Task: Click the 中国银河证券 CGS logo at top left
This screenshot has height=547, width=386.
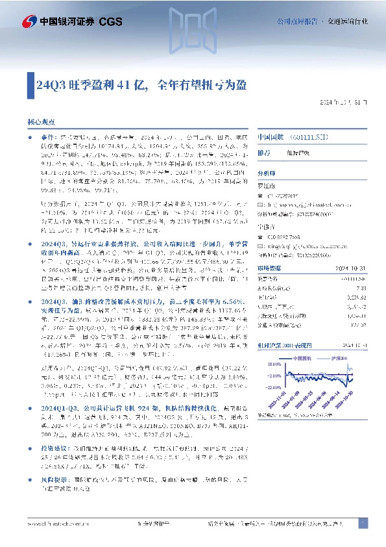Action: tap(59, 21)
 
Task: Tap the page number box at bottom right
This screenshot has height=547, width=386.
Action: tap(363, 523)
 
